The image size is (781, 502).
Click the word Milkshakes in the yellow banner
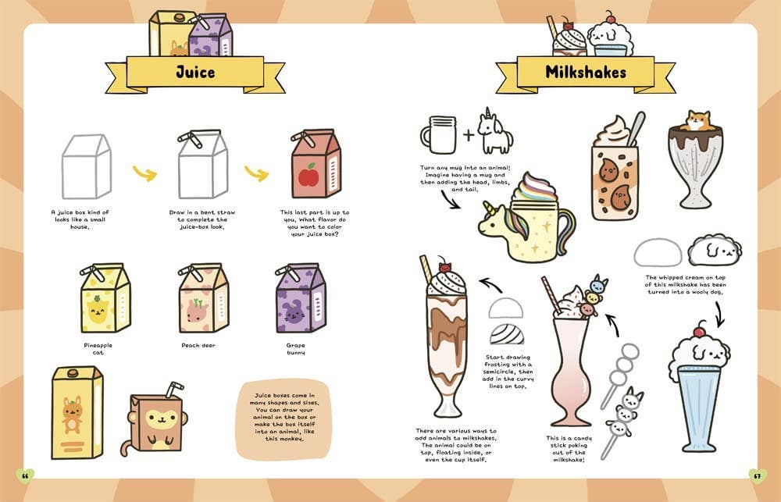[x=585, y=73]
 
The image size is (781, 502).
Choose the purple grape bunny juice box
[x=300, y=299]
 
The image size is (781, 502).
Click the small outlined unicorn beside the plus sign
[x=494, y=132]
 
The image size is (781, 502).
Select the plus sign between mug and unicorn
[x=469, y=134]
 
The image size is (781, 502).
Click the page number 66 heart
[x=25, y=475]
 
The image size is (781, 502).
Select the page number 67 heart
[x=755, y=475]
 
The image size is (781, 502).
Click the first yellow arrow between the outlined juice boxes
[x=144, y=173]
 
